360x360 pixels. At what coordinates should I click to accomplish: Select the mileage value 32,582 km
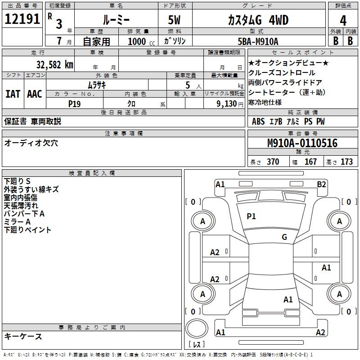click(x=54, y=65)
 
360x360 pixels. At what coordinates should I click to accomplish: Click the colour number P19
click(x=75, y=103)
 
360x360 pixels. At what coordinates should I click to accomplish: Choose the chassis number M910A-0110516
click(x=302, y=143)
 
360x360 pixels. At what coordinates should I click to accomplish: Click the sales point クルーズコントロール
click(x=282, y=73)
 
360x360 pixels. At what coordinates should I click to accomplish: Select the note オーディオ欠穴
click(x=31, y=143)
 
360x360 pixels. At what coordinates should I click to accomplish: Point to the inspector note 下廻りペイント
click(x=27, y=229)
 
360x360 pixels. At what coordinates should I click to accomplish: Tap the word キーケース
click(x=23, y=336)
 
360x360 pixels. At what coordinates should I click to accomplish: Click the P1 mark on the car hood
click(x=251, y=216)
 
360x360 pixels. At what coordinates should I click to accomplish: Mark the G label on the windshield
click(x=284, y=237)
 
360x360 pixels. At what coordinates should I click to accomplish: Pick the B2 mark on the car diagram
click(x=321, y=184)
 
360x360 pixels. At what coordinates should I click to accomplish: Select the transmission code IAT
click(x=13, y=94)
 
